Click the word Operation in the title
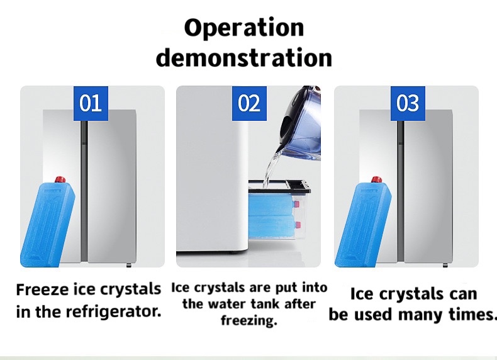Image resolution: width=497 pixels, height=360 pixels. click(244, 28)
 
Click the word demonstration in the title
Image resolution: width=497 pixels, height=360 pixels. click(244, 57)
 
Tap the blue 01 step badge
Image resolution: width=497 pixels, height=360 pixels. click(91, 103)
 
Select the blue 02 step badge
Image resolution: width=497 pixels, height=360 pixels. click(249, 103)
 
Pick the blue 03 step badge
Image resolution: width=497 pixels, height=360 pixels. click(408, 103)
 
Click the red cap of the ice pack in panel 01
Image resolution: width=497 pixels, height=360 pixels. click(60, 180)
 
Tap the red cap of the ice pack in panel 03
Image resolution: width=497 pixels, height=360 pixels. click(376, 180)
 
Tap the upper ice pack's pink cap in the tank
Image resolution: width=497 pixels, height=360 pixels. click(297, 204)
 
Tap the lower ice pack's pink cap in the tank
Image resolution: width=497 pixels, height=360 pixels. click(298, 225)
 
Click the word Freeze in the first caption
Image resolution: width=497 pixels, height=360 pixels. click(43, 290)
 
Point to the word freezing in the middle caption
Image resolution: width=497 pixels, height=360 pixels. click(249, 320)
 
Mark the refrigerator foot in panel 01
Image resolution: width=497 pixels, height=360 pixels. click(129, 265)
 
